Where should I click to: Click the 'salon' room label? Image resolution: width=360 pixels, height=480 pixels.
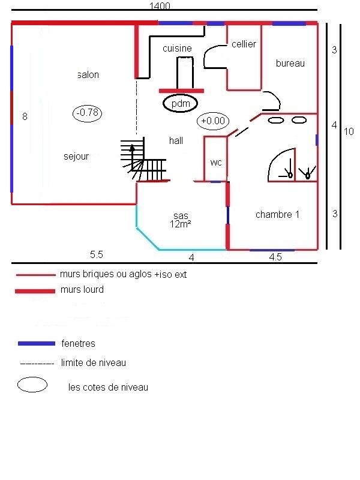pyautogui.click(x=88, y=75)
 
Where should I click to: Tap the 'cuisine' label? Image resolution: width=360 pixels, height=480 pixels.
pyautogui.click(x=177, y=49)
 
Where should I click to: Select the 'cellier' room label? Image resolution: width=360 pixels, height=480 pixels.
pyautogui.click(x=244, y=44)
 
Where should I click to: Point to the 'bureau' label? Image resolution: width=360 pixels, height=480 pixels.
pyautogui.click(x=290, y=63)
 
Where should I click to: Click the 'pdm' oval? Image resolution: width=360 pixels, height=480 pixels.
pyautogui.click(x=181, y=104)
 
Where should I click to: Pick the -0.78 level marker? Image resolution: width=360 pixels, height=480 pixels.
pyautogui.click(x=88, y=112)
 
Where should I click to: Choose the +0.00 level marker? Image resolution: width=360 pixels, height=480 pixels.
pyautogui.click(x=213, y=121)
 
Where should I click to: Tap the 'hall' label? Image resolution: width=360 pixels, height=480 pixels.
pyautogui.click(x=176, y=140)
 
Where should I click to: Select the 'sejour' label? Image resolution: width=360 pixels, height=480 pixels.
pyautogui.click(x=76, y=157)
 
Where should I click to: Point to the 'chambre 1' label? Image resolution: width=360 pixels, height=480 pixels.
pyautogui.click(x=277, y=214)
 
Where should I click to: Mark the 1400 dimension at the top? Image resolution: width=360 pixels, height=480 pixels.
pyautogui.click(x=161, y=6)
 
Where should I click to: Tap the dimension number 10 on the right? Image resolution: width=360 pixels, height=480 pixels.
pyautogui.click(x=349, y=131)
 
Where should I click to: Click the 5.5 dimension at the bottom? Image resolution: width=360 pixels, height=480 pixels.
pyautogui.click(x=97, y=254)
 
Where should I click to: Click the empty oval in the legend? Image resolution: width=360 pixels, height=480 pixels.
pyautogui.click(x=32, y=385)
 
